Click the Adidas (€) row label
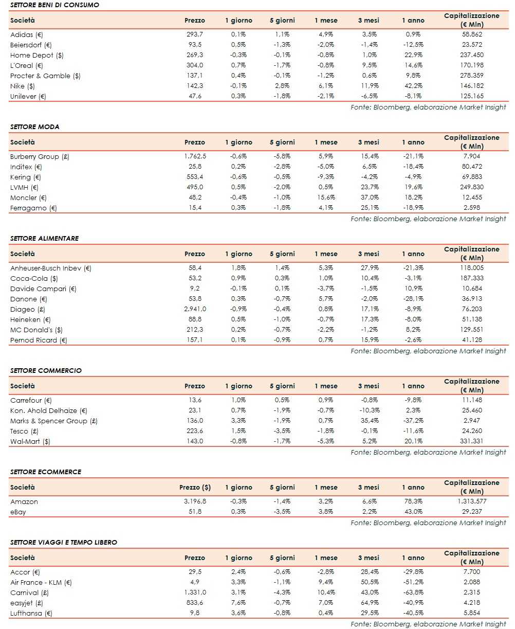pos(27,34)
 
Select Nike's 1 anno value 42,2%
pos(413,86)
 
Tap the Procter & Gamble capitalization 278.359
pos(471,76)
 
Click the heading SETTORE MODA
pos(34,127)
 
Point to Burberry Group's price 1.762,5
pos(195,156)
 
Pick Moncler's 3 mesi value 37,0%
pos(369,197)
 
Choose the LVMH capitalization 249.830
pos(471,187)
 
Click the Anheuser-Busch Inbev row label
pos(50,268)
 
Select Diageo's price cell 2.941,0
pos(195,309)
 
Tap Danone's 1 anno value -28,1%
pos(413,299)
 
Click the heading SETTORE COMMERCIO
pos(46,370)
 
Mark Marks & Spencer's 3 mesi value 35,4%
pos(369,421)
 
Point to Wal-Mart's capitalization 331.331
pos(471,441)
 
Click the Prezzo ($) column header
pos(195,487)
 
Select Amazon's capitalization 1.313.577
pos(471,501)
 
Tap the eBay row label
pos(18,512)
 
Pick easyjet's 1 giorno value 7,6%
pos(238,603)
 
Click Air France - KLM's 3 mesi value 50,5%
pos(369,582)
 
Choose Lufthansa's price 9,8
pos(195,613)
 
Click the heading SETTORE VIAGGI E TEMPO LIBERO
pos(63,542)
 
